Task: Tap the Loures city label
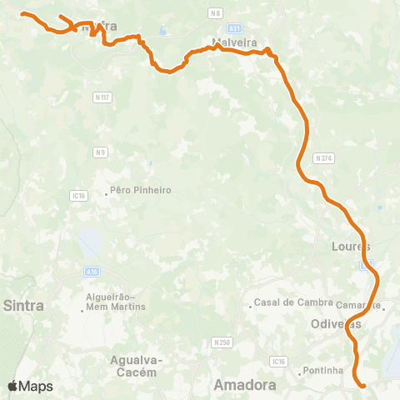(x=349, y=247)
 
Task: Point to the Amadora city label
(x=245, y=385)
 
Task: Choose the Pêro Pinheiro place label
(x=141, y=190)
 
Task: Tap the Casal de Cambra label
(x=286, y=302)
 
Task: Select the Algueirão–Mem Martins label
(x=116, y=302)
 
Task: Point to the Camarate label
(x=360, y=305)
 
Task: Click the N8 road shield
(x=216, y=12)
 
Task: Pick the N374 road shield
(x=322, y=157)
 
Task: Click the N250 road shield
(x=222, y=342)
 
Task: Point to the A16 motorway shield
(x=92, y=270)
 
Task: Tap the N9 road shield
(x=100, y=152)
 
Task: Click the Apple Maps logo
(x=30, y=387)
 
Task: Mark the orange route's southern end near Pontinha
(x=363, y=385)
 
